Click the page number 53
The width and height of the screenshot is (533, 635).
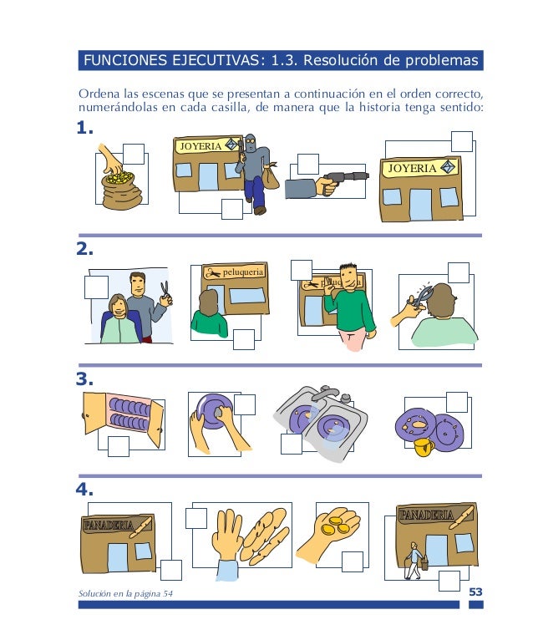475,592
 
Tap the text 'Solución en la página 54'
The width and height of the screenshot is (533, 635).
125,594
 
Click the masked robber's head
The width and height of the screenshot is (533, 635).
251,144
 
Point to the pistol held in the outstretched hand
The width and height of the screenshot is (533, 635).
347,178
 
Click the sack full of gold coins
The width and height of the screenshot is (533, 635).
120,190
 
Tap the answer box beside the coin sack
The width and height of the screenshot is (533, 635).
134,154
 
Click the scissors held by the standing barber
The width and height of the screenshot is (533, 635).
165,290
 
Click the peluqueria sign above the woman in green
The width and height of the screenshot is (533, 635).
236,272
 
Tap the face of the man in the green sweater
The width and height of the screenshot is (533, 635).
348,277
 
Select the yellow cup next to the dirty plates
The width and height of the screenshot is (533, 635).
424,446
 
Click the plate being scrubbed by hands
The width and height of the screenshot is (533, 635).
213,411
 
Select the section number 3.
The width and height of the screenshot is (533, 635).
84,379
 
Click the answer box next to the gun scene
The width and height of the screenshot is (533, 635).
307,164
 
